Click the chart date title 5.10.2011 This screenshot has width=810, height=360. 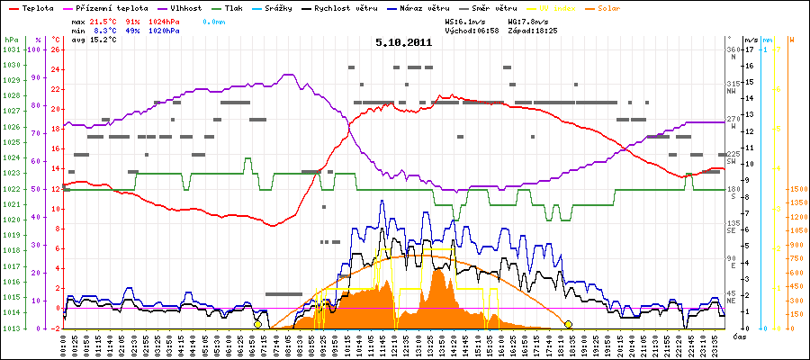(404, 41)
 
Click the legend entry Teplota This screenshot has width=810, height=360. (36, 6)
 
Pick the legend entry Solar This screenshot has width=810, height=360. (622, 6)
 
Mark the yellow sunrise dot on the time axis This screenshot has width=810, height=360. (257, 324)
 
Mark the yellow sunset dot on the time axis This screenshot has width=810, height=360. (568, 324)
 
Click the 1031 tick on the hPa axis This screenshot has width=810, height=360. (11, 50)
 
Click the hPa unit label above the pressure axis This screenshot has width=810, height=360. (11, 40)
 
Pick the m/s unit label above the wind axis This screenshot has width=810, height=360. (751, 40)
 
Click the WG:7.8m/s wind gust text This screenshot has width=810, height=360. (526, 19)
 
